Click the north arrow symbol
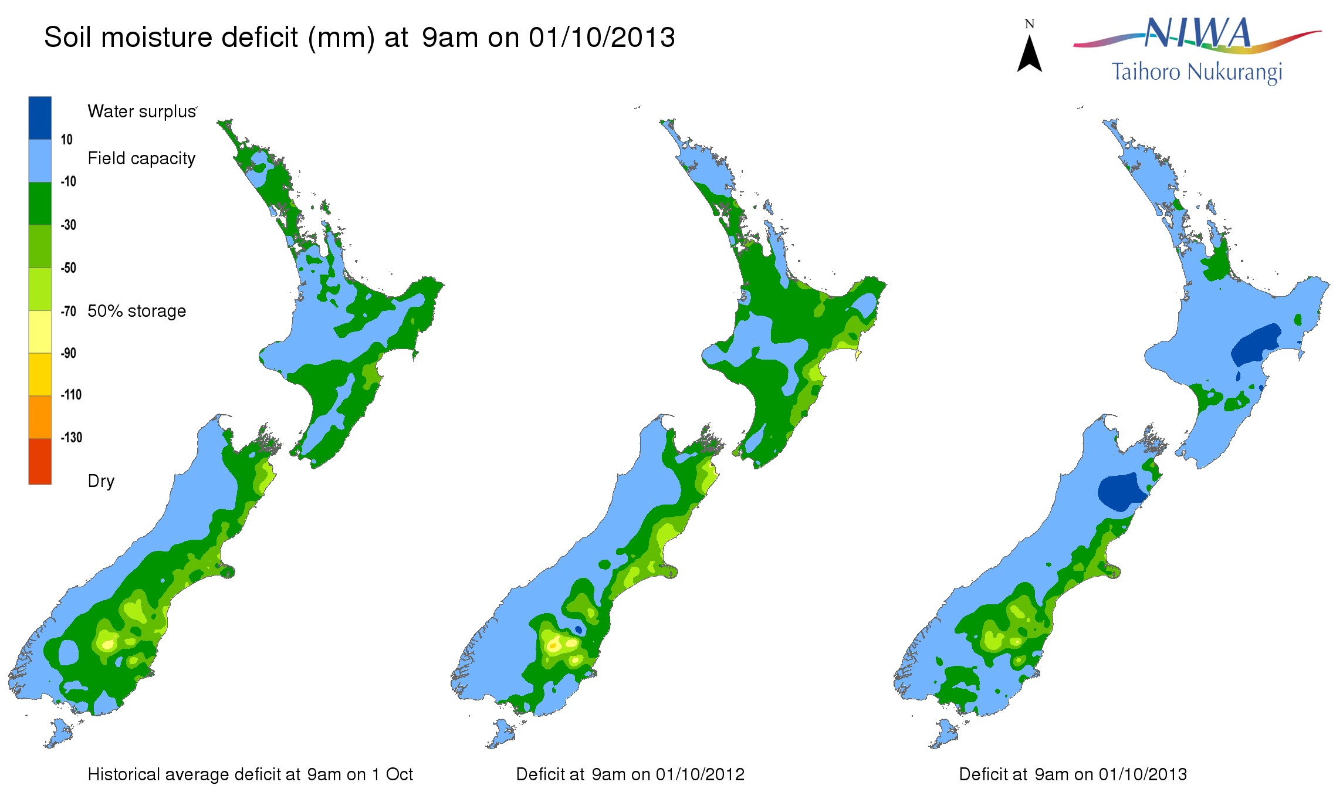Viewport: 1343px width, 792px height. coord(1029,54)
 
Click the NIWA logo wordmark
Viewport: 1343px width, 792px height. coord(1197,33)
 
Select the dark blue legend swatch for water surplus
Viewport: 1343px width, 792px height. coord(40,118)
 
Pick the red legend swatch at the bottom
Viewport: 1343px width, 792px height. coord(40,461)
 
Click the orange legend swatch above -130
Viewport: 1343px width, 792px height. coord(40,417)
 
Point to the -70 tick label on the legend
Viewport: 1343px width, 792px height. coord(69,311)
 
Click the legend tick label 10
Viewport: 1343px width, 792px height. coord(66,140)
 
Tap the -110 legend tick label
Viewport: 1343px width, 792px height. coord(71,395)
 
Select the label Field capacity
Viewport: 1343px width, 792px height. coord(141,158)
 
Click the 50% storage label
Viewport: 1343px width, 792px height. coord(137,311)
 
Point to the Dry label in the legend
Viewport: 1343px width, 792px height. coord(101,481)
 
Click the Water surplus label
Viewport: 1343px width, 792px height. coord(141,111)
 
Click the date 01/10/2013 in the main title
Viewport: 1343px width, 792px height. coord(602,38)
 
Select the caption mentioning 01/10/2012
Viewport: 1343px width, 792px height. coord(630,774)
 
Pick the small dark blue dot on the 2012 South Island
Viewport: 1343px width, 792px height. coord(579,629)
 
